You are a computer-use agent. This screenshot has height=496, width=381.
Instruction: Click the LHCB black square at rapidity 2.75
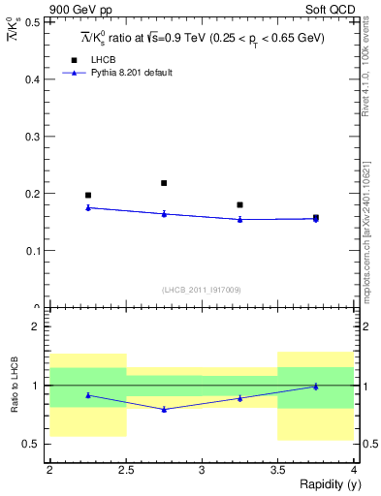(164, 183)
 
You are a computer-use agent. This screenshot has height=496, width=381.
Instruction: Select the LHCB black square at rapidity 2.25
(88, 196)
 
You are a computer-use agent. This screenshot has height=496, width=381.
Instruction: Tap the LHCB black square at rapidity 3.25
(239, 205)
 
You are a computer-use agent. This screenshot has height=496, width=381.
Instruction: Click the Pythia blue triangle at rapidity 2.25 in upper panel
(88, 207)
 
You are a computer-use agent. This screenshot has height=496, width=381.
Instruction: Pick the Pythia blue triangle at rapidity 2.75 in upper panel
(164, 214)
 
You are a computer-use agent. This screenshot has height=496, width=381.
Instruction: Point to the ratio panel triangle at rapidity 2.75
(164, 410)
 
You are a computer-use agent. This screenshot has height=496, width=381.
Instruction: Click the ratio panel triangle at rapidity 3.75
(316, 387)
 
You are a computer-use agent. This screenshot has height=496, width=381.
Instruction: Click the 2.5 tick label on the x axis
(126, 470)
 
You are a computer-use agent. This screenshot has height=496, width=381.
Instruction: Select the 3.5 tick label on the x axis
(277, 470)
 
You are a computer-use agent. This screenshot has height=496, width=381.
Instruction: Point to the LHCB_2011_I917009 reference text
(201, 289)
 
